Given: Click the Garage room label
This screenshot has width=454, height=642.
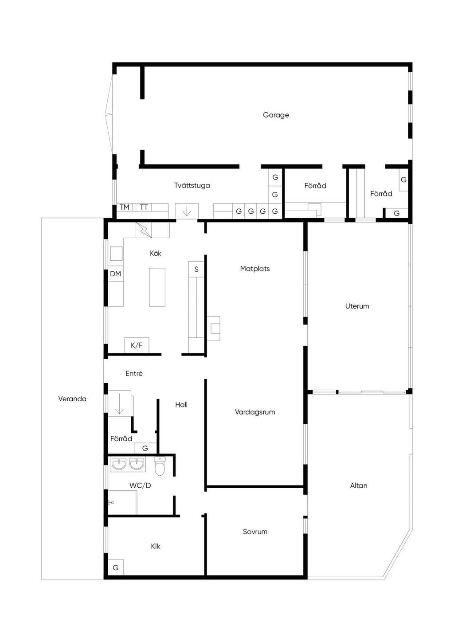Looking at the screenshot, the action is pyautogui.click(x=276, y=115).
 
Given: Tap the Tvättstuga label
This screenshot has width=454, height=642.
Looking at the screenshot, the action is pyautogui.click(x=192, y=185).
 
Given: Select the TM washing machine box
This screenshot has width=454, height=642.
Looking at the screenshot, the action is pyautogui.click(x=125, y=207).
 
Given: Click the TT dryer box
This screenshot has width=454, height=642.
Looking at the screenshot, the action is pyautogui.click(x=144, y=207).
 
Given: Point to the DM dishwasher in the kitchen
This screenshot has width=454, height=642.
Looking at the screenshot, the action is pyautogui.click(x=116, y=274).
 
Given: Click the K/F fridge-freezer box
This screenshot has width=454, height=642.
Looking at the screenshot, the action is pyautogui.click(x=137, y=345).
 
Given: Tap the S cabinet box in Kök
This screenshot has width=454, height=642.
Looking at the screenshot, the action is pyautogui.click(x=196, y=269).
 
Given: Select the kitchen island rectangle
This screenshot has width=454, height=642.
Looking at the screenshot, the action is pyautogui.click(x=157, y=287).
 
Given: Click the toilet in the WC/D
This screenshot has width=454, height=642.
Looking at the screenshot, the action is pyautogui.click(x=160, y=466).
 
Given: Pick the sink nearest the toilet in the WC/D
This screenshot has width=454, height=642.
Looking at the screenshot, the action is pyautogui.click(x=137, y=464).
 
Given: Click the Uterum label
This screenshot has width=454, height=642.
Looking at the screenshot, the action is pyautogui.click(x=357, y=306).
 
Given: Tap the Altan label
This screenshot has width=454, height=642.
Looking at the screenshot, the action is pyautogui.click(x=359, y=485).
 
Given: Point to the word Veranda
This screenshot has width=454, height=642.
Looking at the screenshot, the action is pyautogui.click(x=72, y=399).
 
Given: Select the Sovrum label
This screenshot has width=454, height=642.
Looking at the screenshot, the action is pyautogui.click(x=255, y=532).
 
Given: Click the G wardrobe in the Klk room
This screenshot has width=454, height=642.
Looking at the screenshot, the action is pyautogui.click(x=116, y=568).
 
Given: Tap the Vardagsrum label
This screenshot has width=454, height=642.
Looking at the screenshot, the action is pyautogui.click(x=255, y=412).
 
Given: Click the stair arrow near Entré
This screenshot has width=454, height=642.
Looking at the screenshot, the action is pyautogui.click(x=120, y=404).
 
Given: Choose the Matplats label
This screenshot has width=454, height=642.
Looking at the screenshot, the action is pyautogui.click(x=255, y=269).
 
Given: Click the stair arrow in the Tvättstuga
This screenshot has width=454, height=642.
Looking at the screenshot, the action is pyautogui.click(x=187, y=211).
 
